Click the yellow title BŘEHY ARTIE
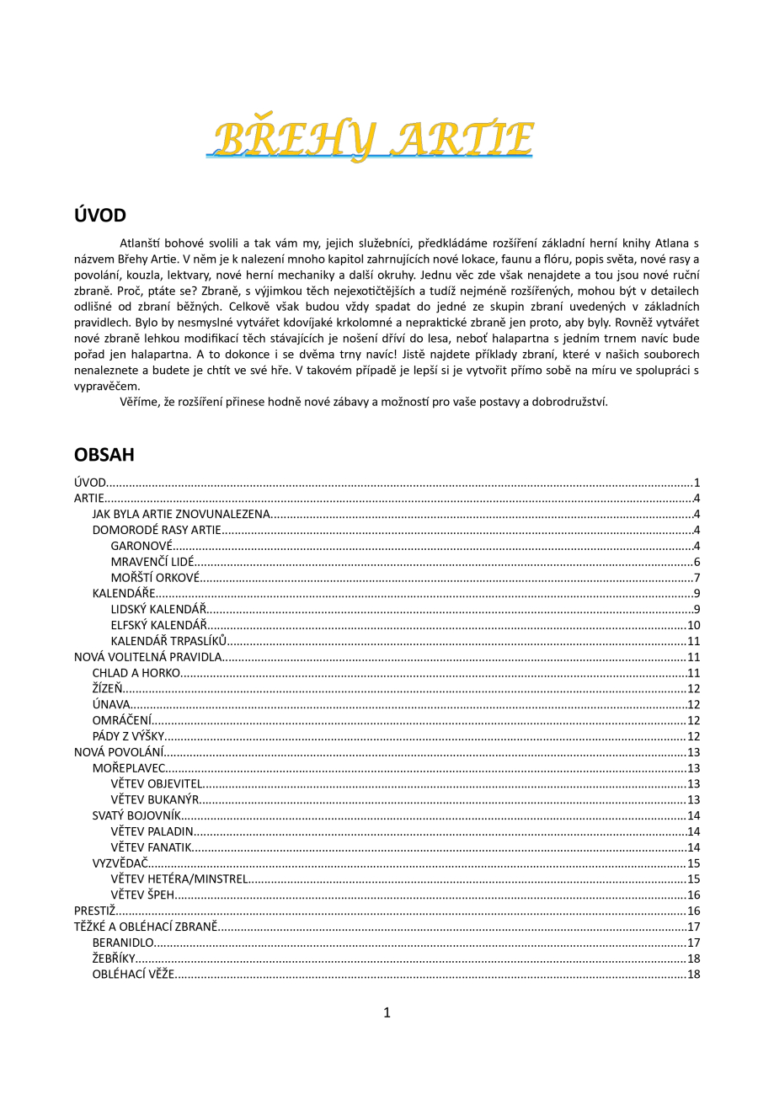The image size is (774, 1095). pyautogui.click(x=371, y=140)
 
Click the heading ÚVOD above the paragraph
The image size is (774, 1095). pyautogui.click(x=100, y=216)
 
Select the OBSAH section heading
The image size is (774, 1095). pyautogui.click(x=104, y=455)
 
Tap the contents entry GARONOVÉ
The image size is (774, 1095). pyautogui.click(x=141, y=546)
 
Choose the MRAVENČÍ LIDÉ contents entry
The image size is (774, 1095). pyautogui.click(x=152, y=562)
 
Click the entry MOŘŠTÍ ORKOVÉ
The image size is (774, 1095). pyautogui.click(x=156, y=578)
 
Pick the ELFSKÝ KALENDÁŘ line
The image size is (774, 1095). pyautogui.click(x=158, y=625)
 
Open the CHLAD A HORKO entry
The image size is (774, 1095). pyautogui.click(x=136, y=672)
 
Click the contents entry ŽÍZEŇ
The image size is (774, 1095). pyautogui.click(x=108, y=688)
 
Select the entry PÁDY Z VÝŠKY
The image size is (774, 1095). pyautogui.click(x=128, y=736)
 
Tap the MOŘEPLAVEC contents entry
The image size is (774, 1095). pyautogui.click(x=129, y=767)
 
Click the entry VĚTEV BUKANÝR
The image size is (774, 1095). pyautogui.click(x=155, y=799)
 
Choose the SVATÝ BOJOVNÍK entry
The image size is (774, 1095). pyautogui.click(x=136, y=815)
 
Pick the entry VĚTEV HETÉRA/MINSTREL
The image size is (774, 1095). pyautogui.click(x=179, y=879)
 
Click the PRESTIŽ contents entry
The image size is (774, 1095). pyautogui.click(x=94, y=911)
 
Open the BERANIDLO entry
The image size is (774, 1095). pyautogui.click(x=123, y=943)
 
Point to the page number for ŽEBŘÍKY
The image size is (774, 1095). pyautogui.click(x=694, y=959)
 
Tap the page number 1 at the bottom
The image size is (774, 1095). pyautogui.click(x=387, y=1012)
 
